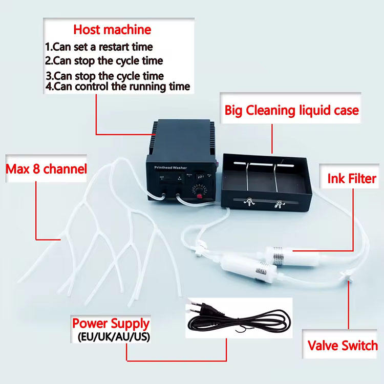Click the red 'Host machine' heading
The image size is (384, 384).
[x=112, y=29]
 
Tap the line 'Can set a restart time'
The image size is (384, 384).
[x=99, y=47]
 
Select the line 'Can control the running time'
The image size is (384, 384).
[x=117, y=86]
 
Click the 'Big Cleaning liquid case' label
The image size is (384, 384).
[x=292, y=110]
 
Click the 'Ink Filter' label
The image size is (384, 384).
[x=352, y=178]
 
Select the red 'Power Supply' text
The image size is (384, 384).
[x=111, y=324]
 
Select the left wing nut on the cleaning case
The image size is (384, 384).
[x=249, y=204]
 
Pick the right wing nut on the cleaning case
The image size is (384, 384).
[x=280, y=204]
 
